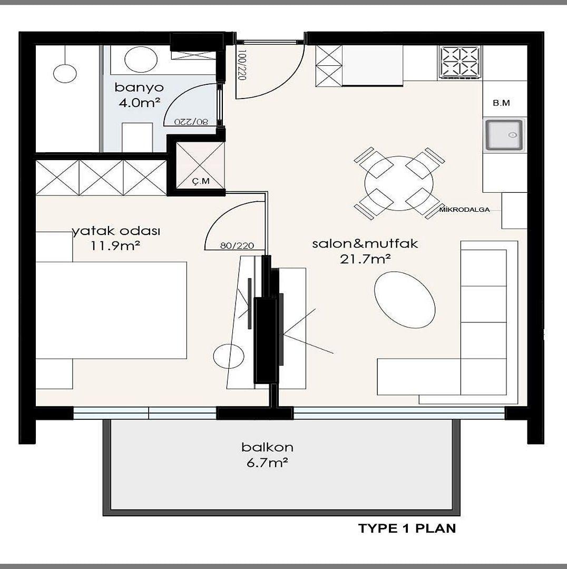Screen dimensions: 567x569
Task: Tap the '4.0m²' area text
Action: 140,103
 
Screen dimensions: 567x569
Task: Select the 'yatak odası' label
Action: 116,231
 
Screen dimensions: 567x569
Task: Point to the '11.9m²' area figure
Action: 115,246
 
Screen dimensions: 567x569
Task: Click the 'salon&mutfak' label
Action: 365,243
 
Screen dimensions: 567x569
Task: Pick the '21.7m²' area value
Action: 365,259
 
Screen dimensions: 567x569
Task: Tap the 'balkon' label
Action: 268,447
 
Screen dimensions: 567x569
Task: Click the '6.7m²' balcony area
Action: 268,463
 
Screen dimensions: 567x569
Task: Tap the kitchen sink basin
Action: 505,135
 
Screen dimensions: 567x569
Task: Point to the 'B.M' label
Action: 501,103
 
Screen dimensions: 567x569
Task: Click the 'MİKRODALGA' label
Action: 464,209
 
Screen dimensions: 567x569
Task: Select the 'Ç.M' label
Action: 201,181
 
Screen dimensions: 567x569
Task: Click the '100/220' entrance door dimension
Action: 242,65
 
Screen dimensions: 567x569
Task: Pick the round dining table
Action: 399,183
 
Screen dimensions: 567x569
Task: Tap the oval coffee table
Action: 404,300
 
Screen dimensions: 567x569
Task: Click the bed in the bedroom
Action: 111,310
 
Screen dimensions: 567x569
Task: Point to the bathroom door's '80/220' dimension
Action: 191,122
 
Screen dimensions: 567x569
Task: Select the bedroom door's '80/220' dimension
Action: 237,246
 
